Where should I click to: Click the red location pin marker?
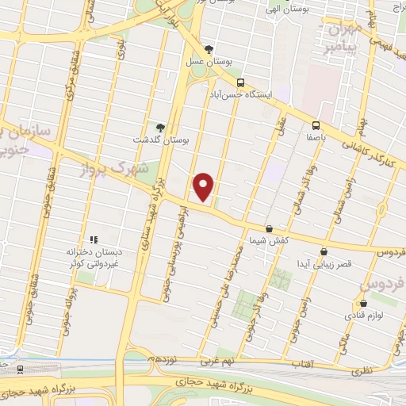(204, 186)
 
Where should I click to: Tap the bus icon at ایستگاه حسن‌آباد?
(240, 82)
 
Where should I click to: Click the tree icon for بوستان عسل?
(209, 49)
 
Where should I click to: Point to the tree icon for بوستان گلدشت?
(161, 127)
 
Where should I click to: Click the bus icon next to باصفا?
(316, 124)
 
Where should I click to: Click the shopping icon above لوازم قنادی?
(363, 303)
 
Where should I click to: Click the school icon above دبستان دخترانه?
(93, 239)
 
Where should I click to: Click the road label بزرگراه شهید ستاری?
(150, 214)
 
